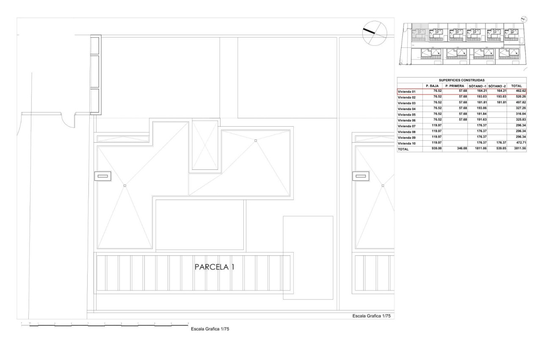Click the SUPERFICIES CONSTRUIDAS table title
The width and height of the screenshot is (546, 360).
pyautogui.click(x=461, y=80)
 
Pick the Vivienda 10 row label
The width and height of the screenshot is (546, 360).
pyautogui.click(x=407, y=144)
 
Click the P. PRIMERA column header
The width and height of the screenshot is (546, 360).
pyautogui.click(x=455, y=86)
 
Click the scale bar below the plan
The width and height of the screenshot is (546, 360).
pyautogui.click(x=104, y=325)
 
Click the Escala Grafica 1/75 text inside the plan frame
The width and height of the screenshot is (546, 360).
pyautogui.click(x=372, y=316)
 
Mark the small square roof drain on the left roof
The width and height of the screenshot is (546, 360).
pyautogui.click(x=124, y=186)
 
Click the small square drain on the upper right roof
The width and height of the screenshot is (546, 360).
pyautogui.click(x=256, y=141)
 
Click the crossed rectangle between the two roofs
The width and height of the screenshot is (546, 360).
pyautogui.click(x=205, y=145)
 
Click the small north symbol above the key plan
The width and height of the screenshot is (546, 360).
pyautogui.click(x=524, y=19)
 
